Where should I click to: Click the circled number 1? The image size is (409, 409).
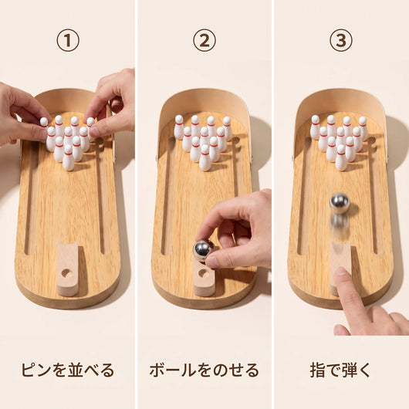68,40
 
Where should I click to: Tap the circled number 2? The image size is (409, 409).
204,40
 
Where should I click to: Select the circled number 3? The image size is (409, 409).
341,40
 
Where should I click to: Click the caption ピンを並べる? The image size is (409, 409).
68,370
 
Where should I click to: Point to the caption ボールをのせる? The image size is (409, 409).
204,370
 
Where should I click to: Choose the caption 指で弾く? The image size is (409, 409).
340,370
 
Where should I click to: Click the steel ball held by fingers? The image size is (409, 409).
203,251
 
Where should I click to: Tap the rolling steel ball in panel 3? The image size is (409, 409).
340,203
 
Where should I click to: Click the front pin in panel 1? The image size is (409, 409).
69,157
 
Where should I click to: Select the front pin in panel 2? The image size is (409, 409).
204,157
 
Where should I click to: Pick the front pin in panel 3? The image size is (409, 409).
341,157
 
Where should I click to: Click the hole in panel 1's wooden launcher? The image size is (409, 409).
66,273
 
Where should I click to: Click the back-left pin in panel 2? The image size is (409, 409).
179,127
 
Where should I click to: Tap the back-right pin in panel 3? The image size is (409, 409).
363,129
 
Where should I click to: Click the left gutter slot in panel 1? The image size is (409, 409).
29,198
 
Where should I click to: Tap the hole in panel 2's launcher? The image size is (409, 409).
202,273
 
